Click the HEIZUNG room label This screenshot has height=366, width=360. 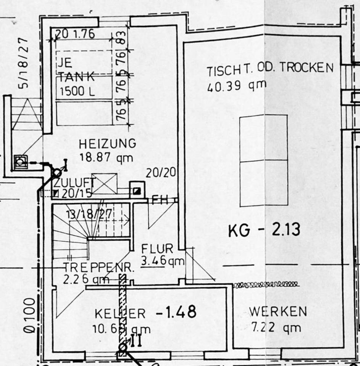107,144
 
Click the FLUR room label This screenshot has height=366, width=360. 157,249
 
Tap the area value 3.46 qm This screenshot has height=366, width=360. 163,261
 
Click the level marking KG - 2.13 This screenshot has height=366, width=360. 264,230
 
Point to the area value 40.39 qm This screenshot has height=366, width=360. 237,86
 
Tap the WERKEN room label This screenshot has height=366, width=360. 278,311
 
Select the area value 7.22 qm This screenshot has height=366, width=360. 276,327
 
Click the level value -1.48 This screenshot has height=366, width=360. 176,312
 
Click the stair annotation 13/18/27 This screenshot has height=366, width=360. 89,214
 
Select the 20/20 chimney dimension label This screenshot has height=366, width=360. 161,173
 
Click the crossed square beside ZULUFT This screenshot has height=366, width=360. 104,183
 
